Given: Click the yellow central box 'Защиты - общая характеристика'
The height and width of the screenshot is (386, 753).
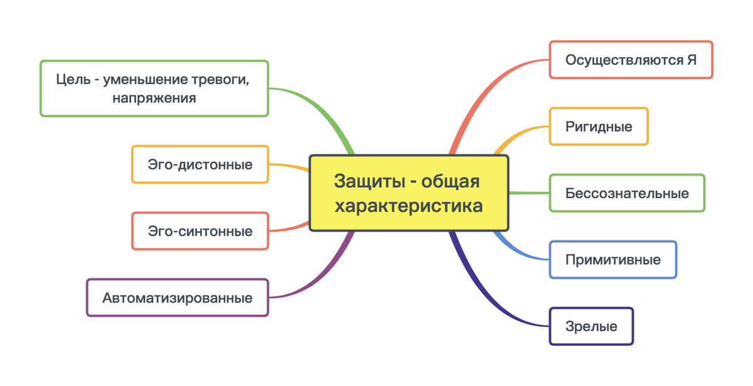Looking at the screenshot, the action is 409,193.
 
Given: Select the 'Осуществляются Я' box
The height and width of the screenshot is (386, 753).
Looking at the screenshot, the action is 631,60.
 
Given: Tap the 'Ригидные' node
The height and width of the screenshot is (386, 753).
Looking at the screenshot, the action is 599,126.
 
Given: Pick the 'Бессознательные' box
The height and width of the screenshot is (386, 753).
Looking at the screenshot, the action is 627,193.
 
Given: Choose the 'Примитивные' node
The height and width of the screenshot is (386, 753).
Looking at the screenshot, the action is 613,260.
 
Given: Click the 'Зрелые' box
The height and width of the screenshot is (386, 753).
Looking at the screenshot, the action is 591,326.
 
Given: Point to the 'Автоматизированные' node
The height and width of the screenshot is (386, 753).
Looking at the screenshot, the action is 178,298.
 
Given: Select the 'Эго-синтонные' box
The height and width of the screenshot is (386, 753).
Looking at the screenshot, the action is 200,231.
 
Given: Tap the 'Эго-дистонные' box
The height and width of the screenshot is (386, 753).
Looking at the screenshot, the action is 200,164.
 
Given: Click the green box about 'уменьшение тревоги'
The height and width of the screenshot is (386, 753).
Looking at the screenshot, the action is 154,88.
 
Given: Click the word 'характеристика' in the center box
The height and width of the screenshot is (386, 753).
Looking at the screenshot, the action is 409,206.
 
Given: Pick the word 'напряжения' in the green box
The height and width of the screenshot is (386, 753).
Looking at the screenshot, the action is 154,98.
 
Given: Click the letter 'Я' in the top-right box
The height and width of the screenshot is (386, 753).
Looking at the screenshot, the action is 692,60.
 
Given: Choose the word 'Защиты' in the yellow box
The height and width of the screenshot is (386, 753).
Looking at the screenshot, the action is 370,181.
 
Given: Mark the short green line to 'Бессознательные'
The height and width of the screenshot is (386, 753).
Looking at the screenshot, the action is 529,193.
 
